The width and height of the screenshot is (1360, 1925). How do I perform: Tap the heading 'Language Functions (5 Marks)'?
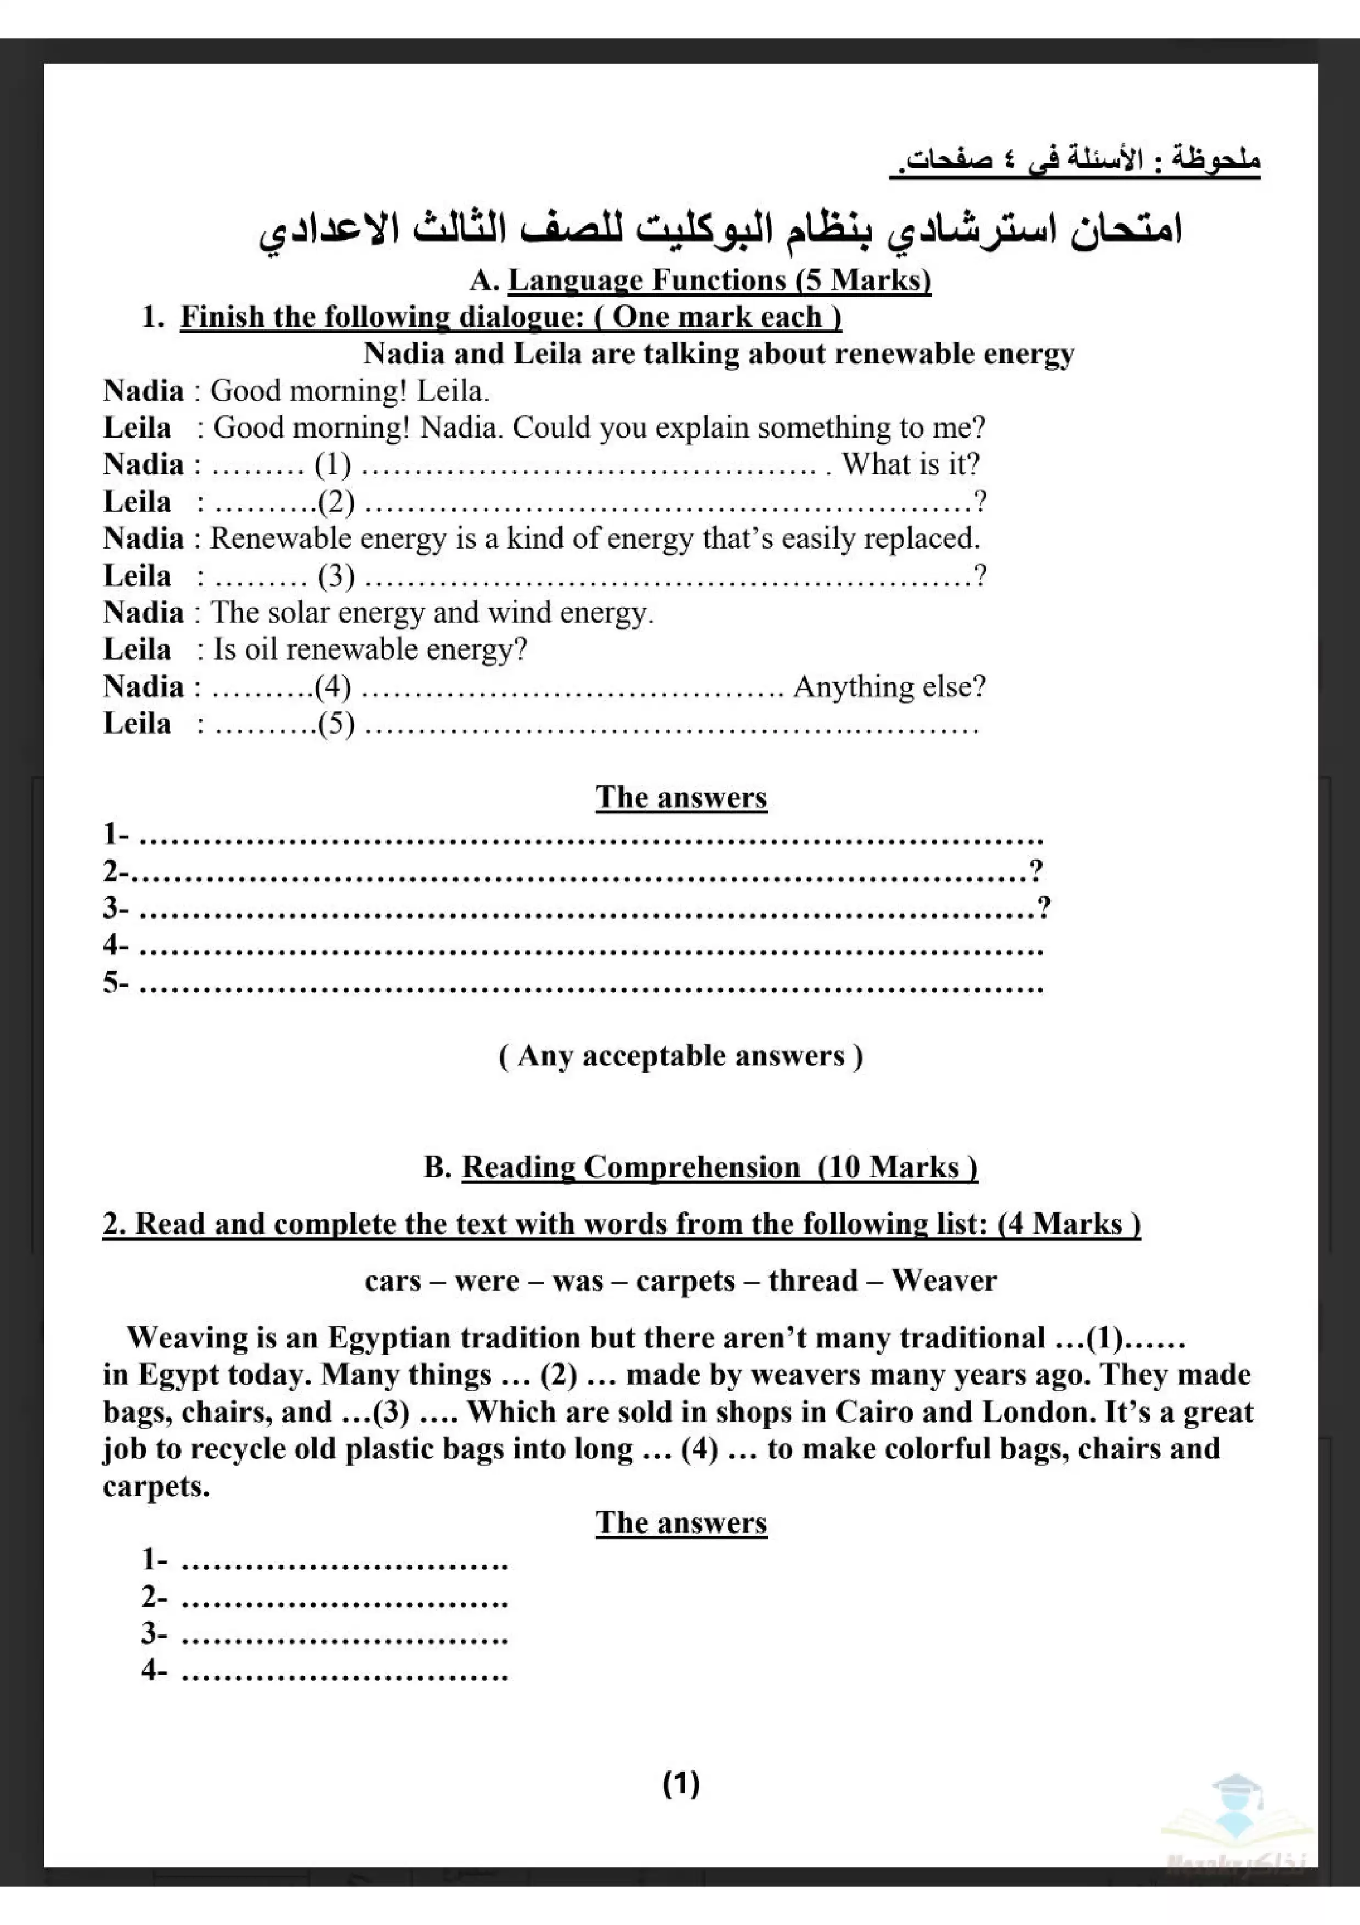[719, 280]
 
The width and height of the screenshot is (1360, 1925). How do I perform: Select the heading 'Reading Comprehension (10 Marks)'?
[719, 1167]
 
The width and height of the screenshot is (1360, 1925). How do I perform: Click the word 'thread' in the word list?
[813, 1280]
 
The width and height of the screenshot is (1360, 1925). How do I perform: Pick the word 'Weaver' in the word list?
[944, 1280]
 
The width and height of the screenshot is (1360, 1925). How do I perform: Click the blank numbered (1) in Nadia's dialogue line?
[332, 464]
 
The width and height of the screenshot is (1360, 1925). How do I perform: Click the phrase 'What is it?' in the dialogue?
[910, 464]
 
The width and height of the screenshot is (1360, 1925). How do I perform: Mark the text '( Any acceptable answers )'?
[680, 1056]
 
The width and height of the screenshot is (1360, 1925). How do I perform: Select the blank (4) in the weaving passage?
[699, 1449]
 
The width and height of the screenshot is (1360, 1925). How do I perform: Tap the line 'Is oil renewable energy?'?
[370, 650]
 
